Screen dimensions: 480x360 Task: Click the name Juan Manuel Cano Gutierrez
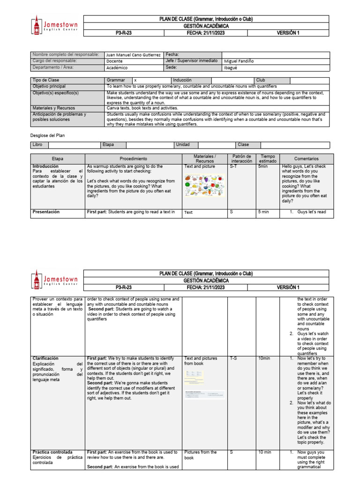point(134,55)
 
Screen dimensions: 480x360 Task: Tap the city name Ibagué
point(231,67)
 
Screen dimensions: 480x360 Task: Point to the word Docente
point(115,61)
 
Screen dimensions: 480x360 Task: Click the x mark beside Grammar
point(135,80)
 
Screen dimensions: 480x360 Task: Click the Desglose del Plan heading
point(47,135)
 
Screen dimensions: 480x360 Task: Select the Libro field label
point(37,145)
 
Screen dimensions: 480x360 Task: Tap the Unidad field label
point(182,145)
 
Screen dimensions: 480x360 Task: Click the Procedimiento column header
point(133,159)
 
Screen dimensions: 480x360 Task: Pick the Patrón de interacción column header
point(242,159)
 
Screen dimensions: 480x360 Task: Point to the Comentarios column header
point(307,159)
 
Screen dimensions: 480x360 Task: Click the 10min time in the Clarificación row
point(264,359)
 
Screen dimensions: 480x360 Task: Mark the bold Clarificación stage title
point(45,358)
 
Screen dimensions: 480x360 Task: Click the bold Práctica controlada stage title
point(52,452)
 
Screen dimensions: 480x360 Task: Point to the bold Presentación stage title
point(46,212)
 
